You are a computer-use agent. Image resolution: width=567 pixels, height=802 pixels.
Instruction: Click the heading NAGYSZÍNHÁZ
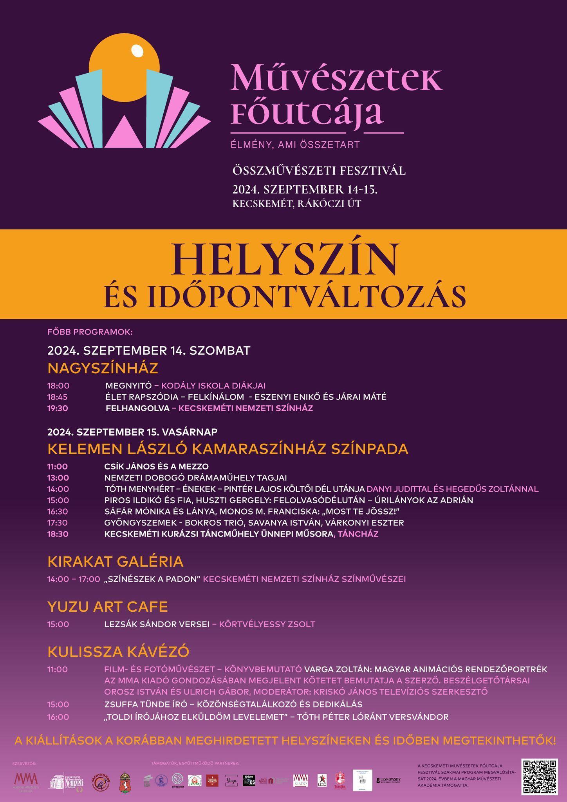(x=103, y=368)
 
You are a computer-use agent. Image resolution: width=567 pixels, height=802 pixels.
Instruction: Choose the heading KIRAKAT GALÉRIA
(x=115, y=562)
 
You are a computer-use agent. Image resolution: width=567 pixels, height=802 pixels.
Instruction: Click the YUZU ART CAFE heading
(x=107, y=607)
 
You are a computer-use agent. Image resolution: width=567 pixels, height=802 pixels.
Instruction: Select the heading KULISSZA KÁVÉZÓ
(x=118, y=652)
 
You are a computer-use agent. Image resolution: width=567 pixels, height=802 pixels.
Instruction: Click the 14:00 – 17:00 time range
(x=74, y=579)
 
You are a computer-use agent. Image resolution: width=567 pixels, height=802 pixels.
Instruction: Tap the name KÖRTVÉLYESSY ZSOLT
(x=267, y=624)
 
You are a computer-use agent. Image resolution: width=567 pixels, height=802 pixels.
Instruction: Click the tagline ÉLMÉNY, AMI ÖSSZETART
(x=296, y=145)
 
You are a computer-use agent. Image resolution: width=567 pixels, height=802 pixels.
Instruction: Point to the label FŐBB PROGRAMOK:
(x=90, y=332)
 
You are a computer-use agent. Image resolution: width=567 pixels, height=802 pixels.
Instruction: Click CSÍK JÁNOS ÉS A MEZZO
(x=156, y=466)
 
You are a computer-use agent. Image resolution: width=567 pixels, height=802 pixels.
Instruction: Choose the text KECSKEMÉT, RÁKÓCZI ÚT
(x=296, y=204)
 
